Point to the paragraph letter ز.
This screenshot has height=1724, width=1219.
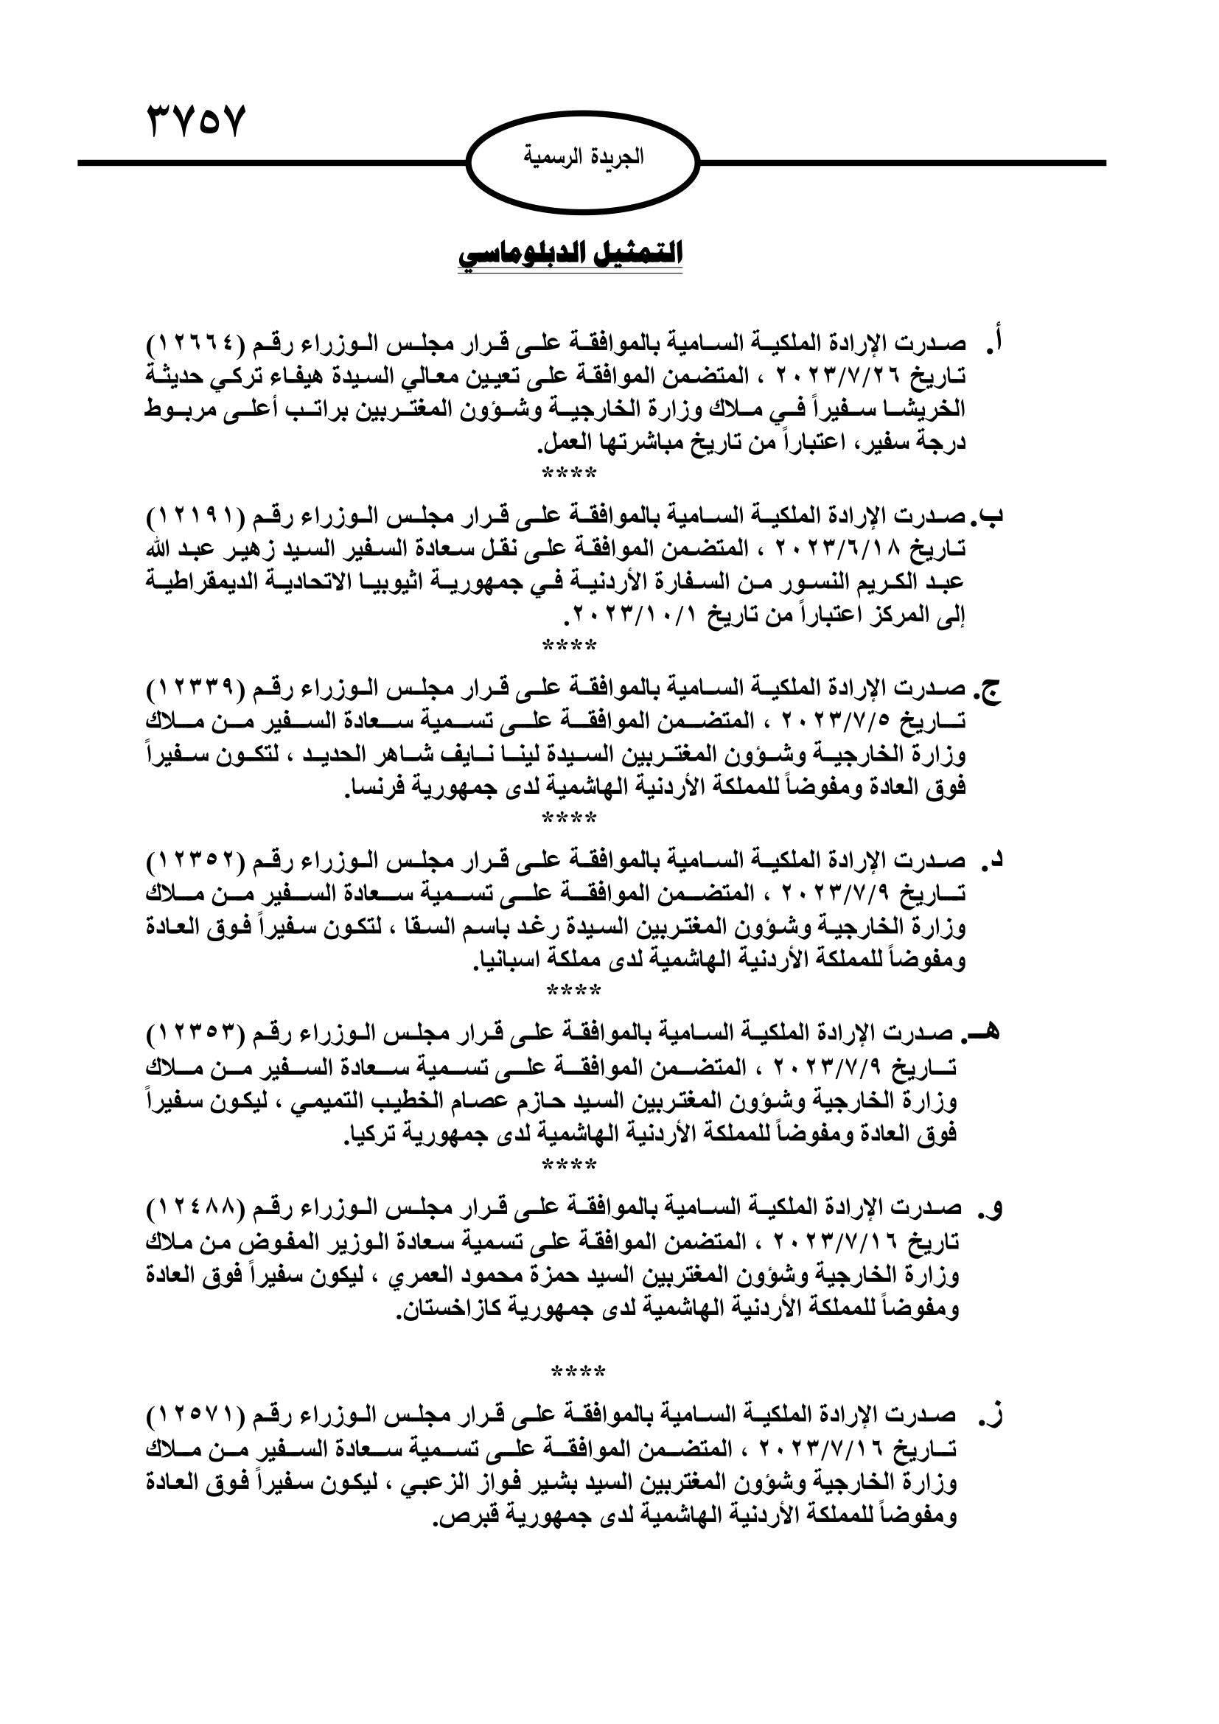(x=993, y=1416)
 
